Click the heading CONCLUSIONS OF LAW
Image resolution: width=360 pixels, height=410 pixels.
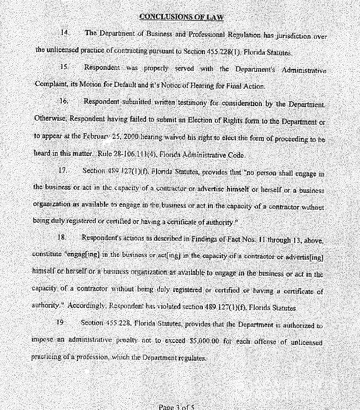point(181,17)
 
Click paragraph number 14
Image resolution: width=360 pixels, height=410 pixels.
point(65,33)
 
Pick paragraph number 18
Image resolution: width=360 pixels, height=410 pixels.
point(62,237)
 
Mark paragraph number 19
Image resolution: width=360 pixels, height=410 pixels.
point(60,322)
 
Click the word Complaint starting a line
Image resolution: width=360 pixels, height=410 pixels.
point(50,86)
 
